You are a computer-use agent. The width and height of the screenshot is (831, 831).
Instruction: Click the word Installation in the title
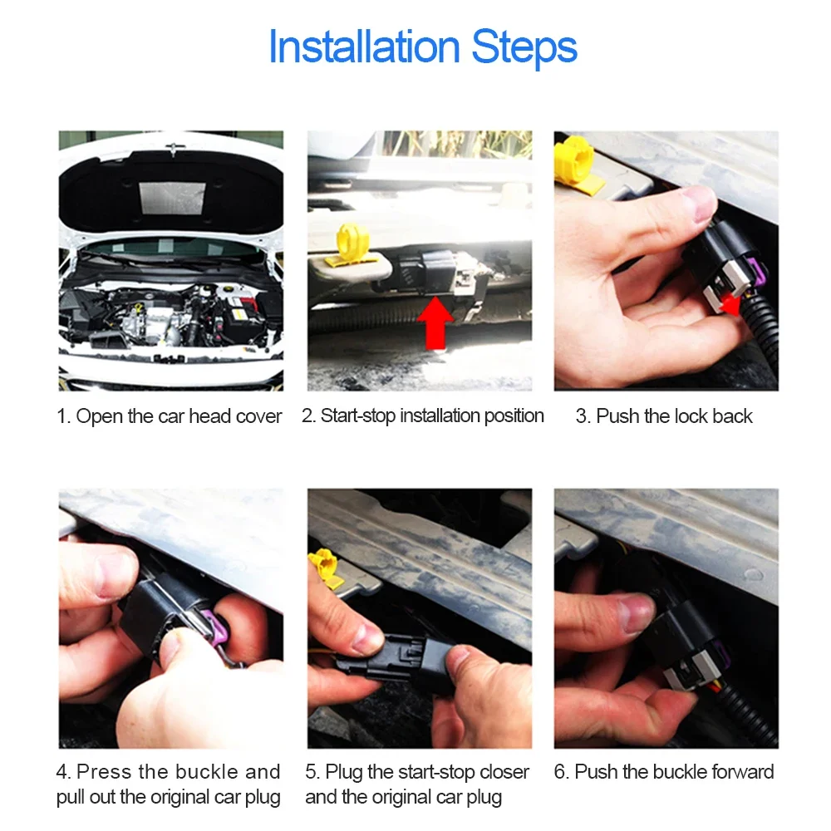pos(364,47)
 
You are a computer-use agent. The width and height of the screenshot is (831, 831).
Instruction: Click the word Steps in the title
pos(524,47)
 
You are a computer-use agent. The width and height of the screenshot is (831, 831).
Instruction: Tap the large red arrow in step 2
pos(435,322)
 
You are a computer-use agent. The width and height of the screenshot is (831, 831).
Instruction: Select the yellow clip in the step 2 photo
pos(352,245)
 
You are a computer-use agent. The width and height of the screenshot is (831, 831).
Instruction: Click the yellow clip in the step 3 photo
pos(577,163)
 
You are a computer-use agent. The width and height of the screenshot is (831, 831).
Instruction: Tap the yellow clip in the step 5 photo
pos(323,568)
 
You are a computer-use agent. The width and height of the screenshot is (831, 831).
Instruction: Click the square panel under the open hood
pos(172,199)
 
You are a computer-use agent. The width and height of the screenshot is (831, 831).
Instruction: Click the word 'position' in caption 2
pos(514,416)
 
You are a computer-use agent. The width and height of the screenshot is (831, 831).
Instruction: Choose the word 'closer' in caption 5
pos(504,772)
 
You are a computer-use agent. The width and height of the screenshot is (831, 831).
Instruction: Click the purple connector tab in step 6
pos(719,653)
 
